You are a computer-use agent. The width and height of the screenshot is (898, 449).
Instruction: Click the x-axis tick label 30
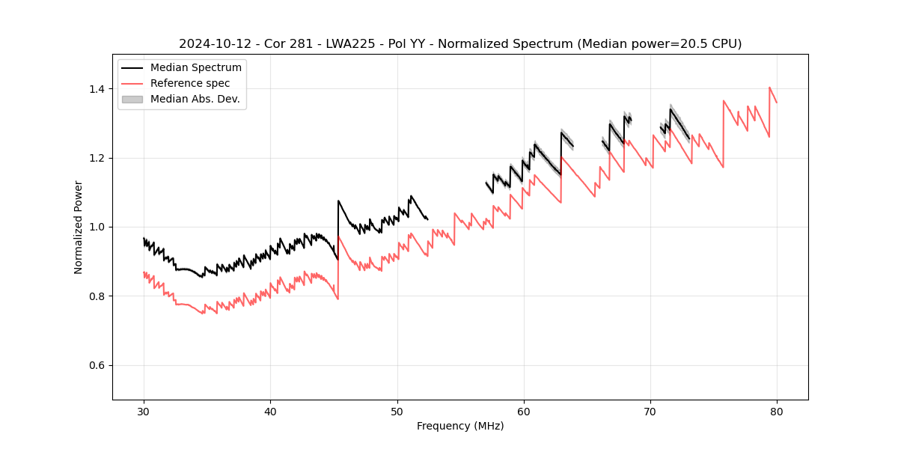coord(144,411)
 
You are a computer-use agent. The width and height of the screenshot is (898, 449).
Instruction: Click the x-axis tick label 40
coord(270,411)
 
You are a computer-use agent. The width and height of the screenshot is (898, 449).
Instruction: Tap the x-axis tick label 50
coord(397,411)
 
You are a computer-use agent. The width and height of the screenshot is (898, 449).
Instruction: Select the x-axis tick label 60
coord(523,411)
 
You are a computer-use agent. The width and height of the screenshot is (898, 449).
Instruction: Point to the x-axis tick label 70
coord(650,411)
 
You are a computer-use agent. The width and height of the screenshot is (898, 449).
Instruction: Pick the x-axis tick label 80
coord(777,411)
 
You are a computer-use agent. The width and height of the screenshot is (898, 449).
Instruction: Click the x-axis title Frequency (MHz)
coord(460,426)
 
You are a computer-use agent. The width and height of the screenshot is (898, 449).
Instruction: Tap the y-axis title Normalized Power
coord(79,227)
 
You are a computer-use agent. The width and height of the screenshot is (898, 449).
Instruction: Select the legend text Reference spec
coord(190,83)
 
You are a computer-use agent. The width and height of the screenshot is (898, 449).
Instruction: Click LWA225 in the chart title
coord(337,44)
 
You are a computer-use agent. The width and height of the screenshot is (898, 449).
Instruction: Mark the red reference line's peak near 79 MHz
coord(769,88)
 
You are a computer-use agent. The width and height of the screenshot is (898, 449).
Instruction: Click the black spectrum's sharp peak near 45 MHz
coord(338,201)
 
